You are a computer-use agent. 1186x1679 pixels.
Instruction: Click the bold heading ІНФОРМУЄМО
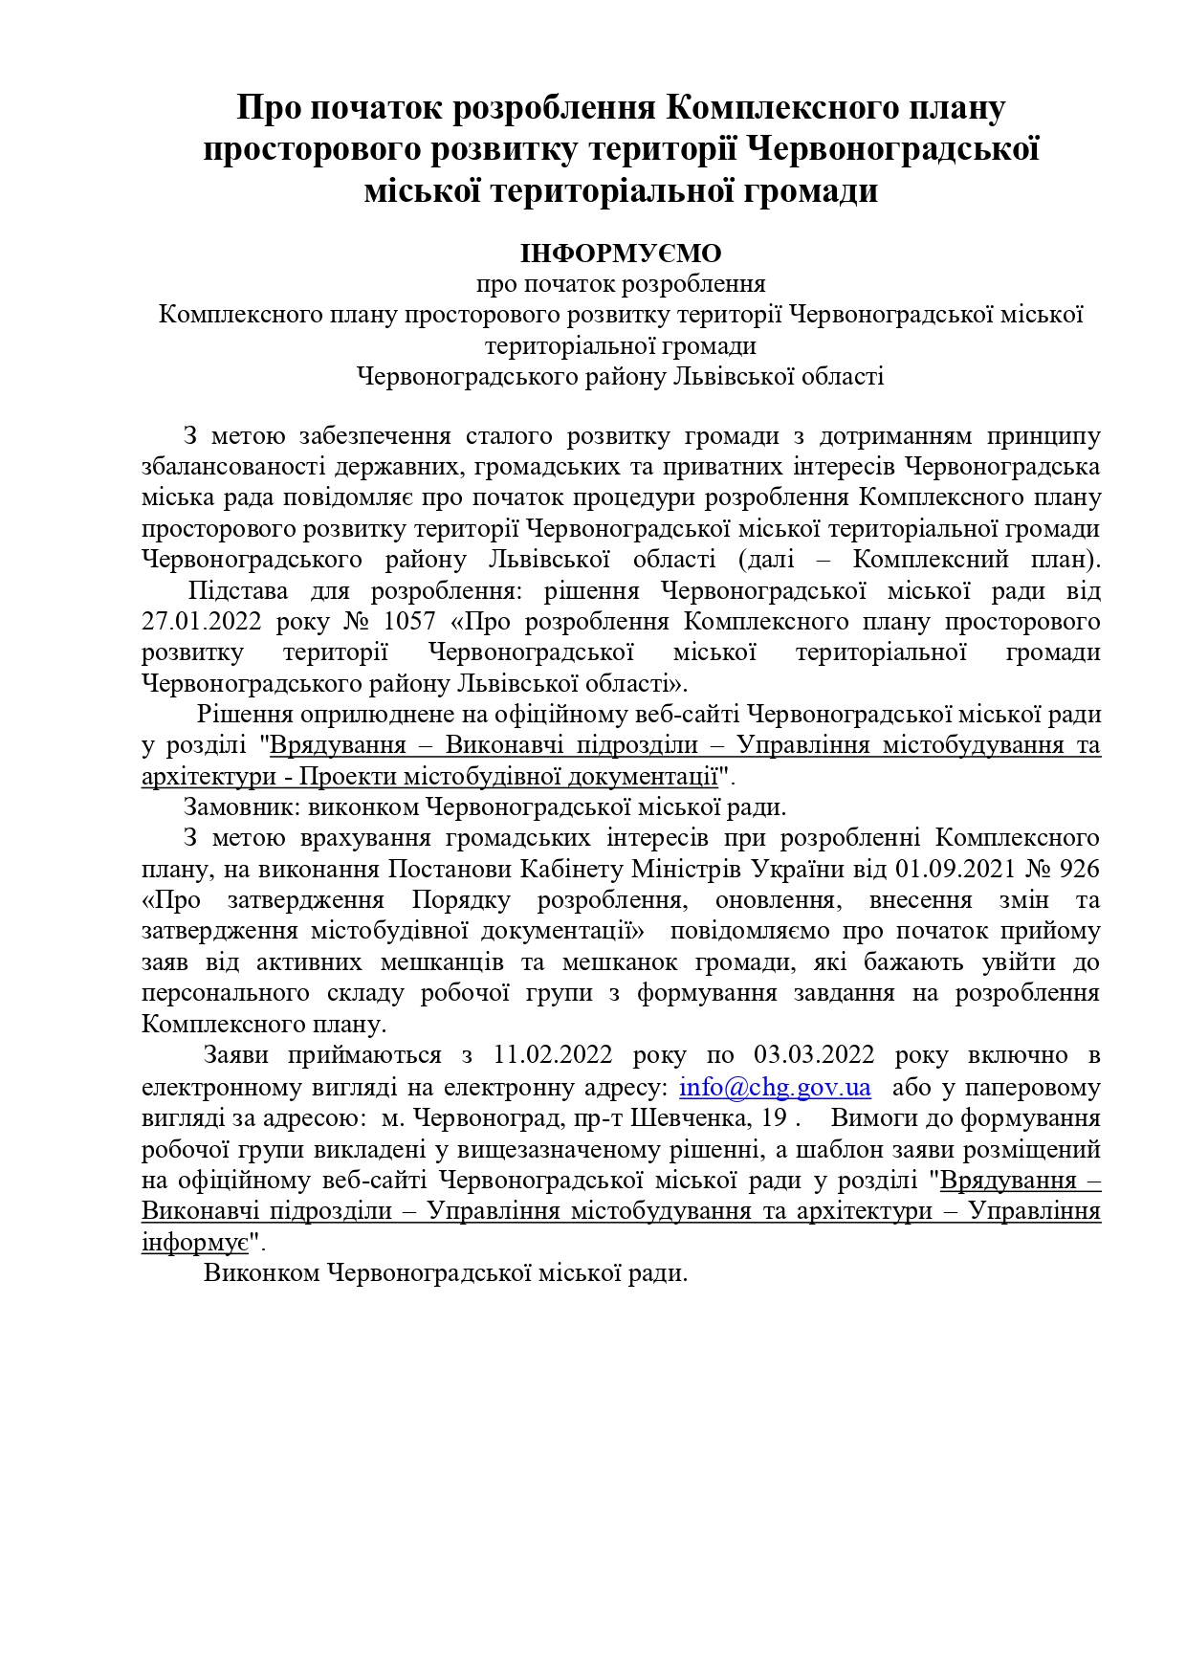(621, 254)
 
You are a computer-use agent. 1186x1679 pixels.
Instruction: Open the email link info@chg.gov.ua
(775, 1088)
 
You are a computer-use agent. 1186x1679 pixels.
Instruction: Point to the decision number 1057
(408, 622)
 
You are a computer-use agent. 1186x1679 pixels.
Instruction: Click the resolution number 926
(1080, 869)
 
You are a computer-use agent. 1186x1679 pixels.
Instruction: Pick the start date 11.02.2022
(552, 1055)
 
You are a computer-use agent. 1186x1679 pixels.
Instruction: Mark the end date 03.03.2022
(814, 1055)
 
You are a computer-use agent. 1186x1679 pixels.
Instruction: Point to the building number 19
(775, 1118)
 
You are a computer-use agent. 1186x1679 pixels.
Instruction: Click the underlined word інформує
(195, 1243)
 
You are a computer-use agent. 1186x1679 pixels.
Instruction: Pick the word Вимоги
(871, 1118)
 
